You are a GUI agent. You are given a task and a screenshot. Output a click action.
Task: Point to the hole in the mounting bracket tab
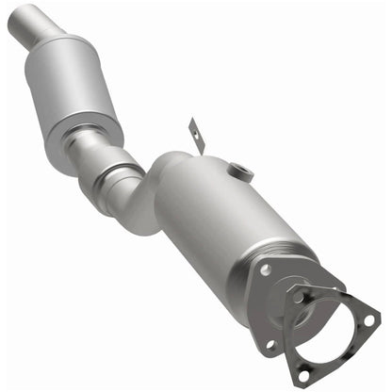click(192, 128)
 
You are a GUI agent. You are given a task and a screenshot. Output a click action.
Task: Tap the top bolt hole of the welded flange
click(267, 269)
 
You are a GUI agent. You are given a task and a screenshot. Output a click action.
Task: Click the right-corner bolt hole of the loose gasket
click(368, 319)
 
